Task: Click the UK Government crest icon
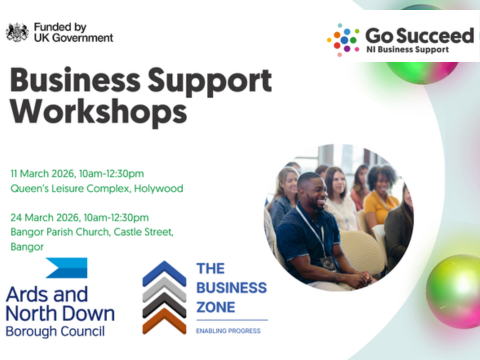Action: point(17,32)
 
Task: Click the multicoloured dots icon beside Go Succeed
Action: point(343,40)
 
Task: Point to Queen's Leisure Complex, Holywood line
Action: point(97,188)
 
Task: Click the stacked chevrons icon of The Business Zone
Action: point(163,297)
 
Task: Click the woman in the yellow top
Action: point(382,197)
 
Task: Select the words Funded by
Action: point(58,25)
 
